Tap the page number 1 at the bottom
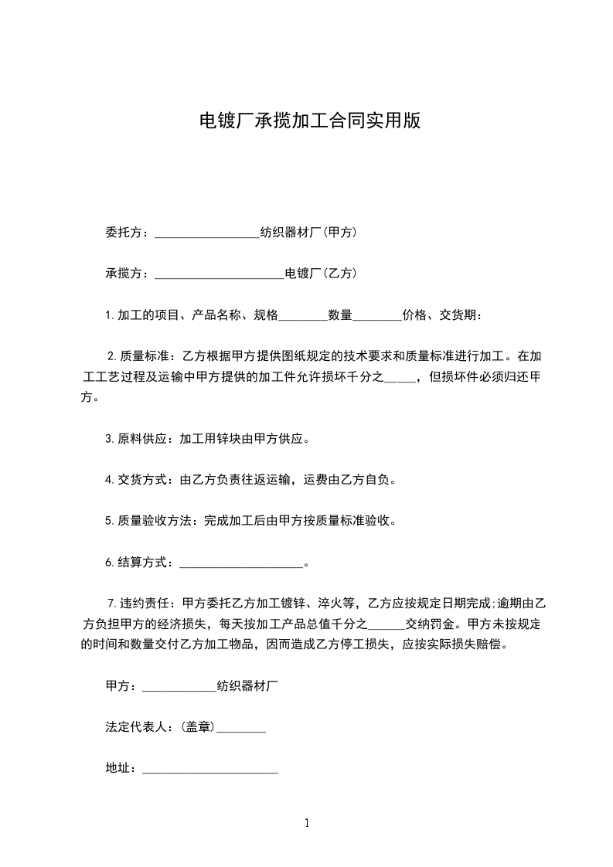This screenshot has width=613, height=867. click(x=307, y=823)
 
